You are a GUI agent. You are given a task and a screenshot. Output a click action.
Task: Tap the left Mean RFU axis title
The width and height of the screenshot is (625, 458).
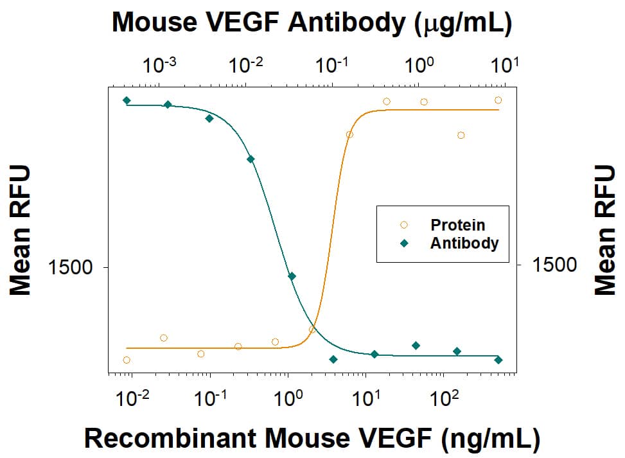21,229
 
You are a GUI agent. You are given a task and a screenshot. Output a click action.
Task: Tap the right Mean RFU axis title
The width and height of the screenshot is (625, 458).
604,229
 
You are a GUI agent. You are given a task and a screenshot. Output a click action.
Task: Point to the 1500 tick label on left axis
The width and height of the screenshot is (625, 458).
71,267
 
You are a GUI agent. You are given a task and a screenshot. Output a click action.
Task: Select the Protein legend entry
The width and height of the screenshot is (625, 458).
457,225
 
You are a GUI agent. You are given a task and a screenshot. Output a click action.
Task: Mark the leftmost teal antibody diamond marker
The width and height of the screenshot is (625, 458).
127,100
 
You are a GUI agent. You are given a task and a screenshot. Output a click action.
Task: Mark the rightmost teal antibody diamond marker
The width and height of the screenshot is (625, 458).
498,360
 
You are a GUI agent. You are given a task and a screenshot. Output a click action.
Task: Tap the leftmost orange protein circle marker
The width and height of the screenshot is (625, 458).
127,360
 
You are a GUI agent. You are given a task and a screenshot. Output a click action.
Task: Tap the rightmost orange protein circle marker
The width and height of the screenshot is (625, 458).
498,100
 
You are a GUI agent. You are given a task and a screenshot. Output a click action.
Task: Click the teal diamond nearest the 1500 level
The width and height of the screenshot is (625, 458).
292,276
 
